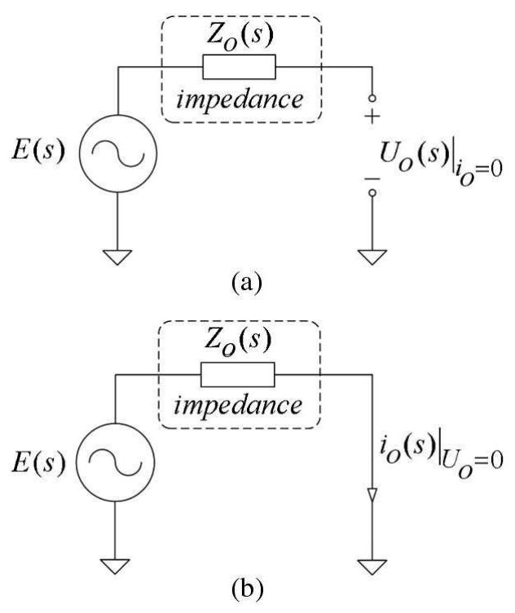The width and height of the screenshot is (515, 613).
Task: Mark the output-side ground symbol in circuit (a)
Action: tap(372, 256)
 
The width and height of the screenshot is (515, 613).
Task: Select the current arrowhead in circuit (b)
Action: tap(372, 496)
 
